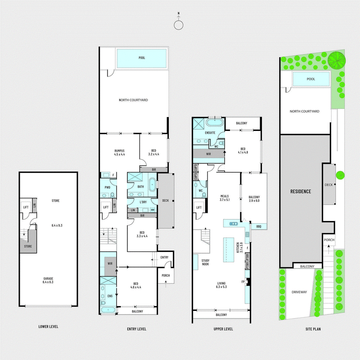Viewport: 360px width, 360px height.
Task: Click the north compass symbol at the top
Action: coord(179,25)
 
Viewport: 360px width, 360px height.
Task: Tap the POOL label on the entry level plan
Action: coord(142,58)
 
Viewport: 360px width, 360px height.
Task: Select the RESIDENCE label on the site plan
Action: coord(300,191)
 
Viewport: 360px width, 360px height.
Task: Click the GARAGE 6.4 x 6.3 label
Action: coord(48,280)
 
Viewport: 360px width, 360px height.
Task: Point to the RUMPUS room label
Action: coord(119,152)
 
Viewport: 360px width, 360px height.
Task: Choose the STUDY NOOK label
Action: coord(206,262)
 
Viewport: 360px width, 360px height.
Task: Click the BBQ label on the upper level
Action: coord(259,226)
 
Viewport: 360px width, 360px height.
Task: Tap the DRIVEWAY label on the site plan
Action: coord(299,292)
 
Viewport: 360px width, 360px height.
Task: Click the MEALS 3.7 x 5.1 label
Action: coord(225,198)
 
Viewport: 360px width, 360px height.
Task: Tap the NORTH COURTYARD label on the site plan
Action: coord(305,111)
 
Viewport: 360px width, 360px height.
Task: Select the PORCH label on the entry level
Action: coord(164,275)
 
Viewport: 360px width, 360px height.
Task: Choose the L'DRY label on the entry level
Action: coord(143,202)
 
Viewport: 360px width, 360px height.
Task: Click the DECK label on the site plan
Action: coord(328,184)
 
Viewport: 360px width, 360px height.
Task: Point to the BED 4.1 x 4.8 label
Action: coord(243,150)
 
